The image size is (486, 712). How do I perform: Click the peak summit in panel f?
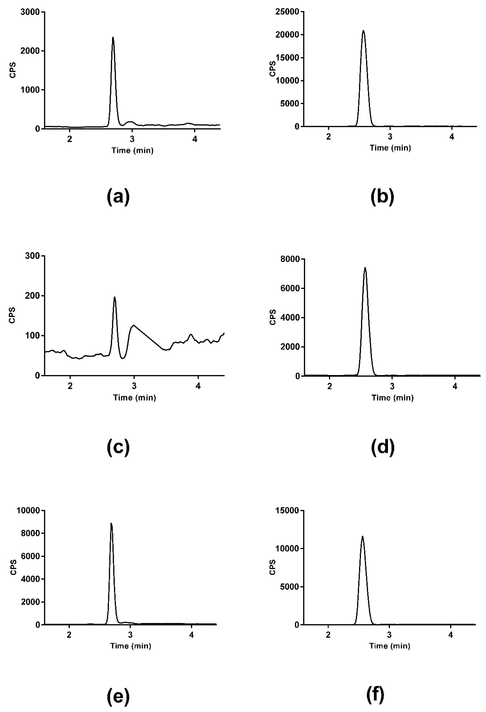pyautogui.click(x=363, y=536)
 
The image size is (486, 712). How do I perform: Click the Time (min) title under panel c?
pyautogui.click(x=134, y=398)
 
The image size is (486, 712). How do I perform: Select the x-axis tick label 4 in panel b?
pyautogui.click(x=452, y=137)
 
